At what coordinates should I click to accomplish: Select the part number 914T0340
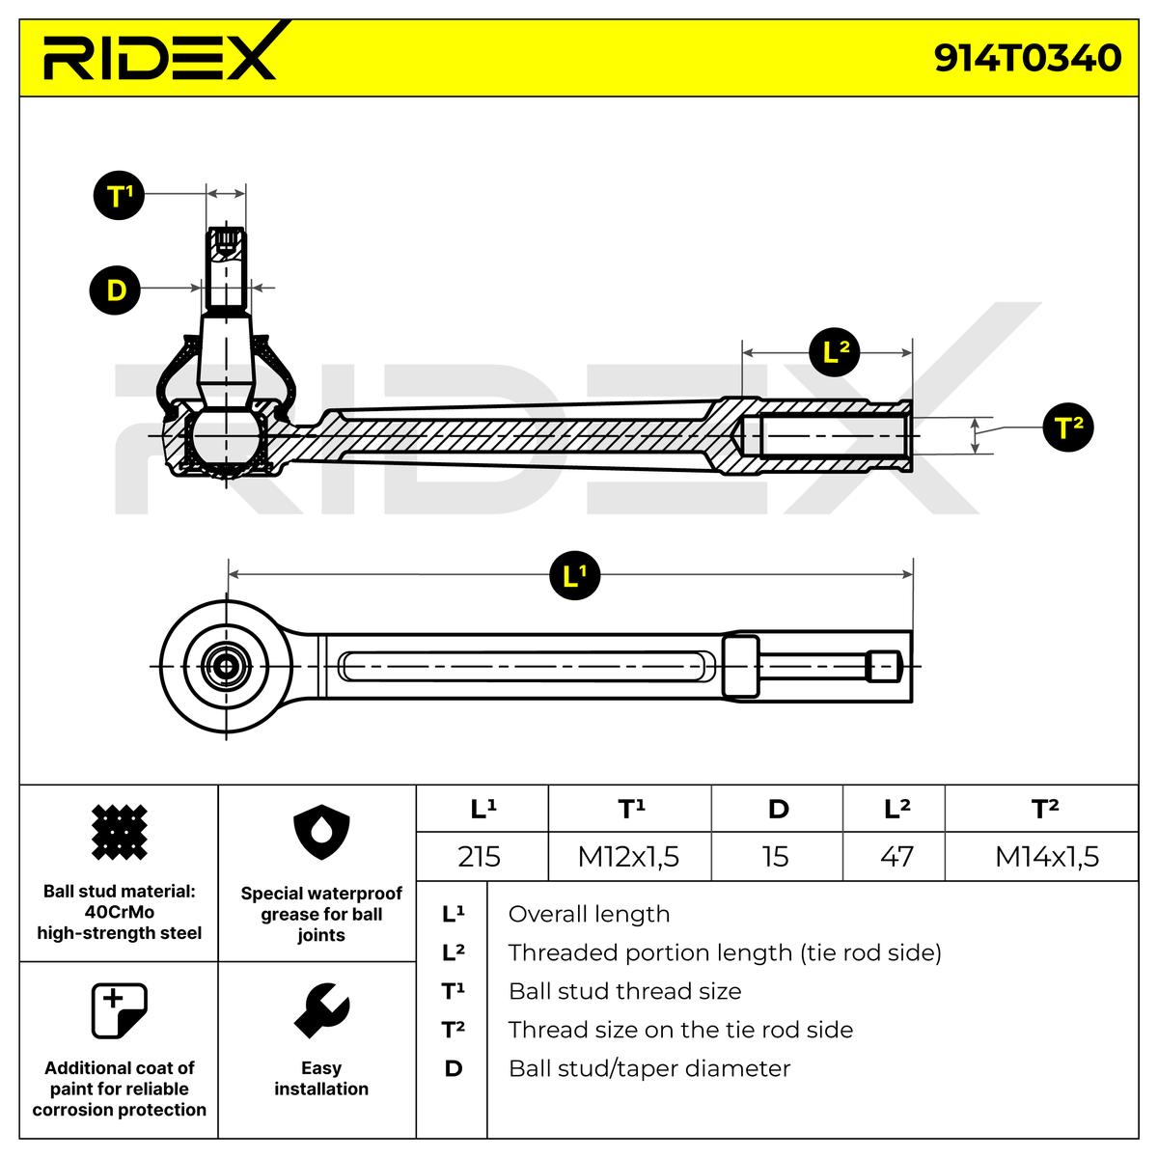pyautogui.click(x=1027, y=58)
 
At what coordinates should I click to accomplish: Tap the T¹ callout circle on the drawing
pyautogui.click(x=119, y=196)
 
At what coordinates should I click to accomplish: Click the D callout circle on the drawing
pyautogui.click(x=116, y=289)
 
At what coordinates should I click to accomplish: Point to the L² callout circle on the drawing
pyautogui.click(x=834, y=353)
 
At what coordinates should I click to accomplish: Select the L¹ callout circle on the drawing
pyautogui.click(x=574, y=576)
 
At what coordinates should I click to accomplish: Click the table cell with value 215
pyautogui.click(x=480, y=856)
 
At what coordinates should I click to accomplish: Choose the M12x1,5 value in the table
pyautogui.click(x=628, y=856)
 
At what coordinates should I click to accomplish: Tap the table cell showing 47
pyautogui.click(x=896, y=856)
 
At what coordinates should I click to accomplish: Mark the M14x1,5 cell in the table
pyautogui.click(x=1046, y=856)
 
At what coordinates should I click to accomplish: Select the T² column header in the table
pyautogui.click(x=1045, y=809)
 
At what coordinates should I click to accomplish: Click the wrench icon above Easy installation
pyautogui.click(x=320, y=1011)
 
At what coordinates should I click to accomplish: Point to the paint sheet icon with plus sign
pyautogui.click(x=119, y=1011)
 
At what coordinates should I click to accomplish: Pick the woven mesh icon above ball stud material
pyautogui.click(x=119, y=832)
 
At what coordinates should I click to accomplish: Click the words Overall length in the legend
pyautogui.click(x=588, y=914)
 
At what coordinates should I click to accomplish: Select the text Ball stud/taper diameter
pyautogui.click(x=648, y=1068)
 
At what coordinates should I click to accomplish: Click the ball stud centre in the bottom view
pyautogui.click(x=228, y=666)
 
